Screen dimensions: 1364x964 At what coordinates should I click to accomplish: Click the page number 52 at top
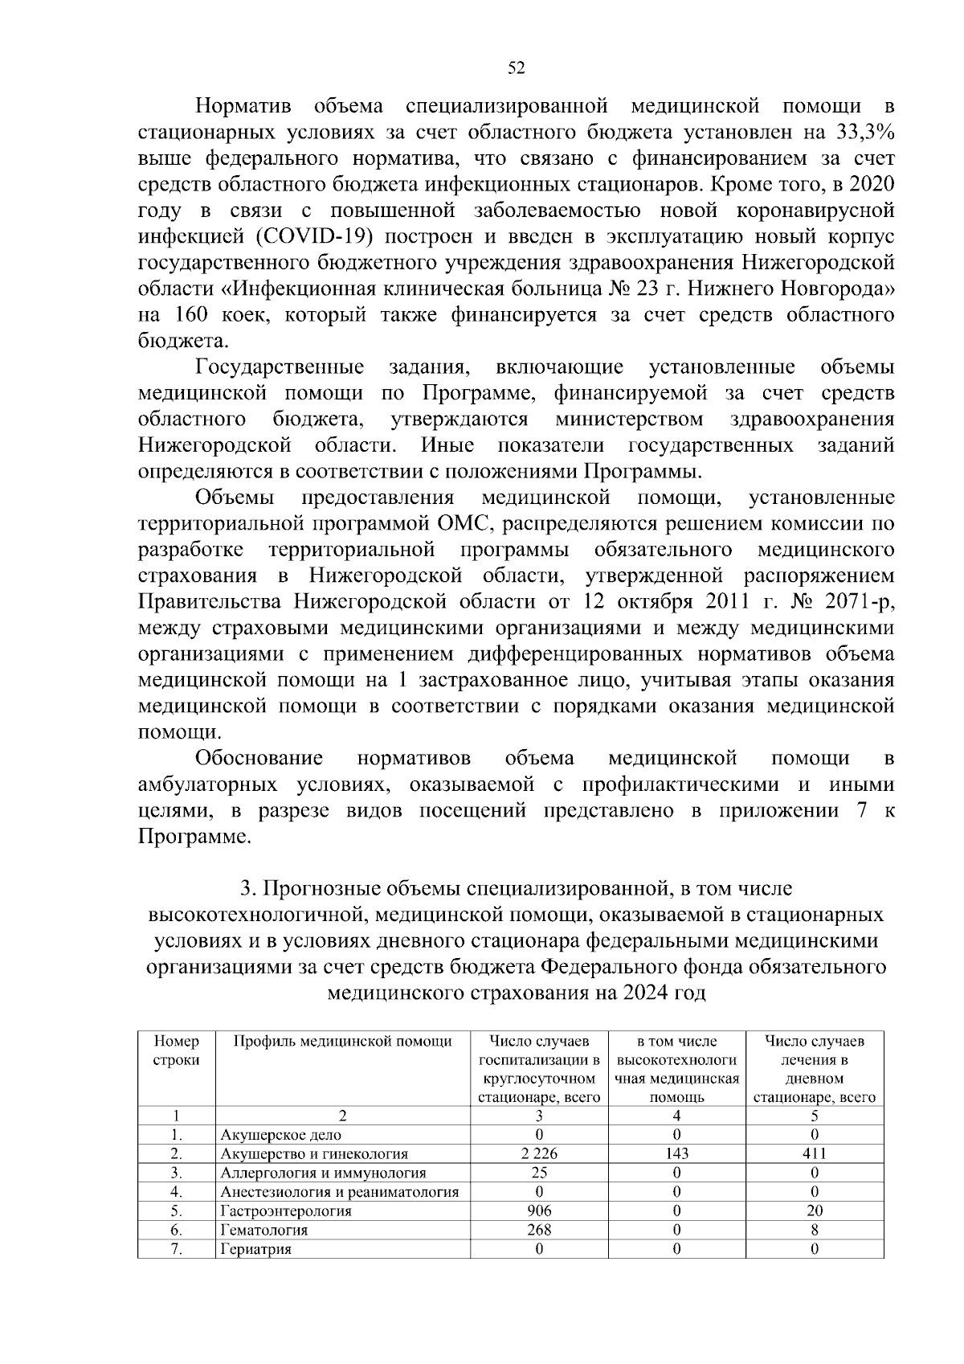[x=517, y=68]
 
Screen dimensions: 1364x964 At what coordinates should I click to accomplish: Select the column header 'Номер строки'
[x=176, y=1051]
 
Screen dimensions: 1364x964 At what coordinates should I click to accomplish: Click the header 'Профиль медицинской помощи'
[x=343, y=1042]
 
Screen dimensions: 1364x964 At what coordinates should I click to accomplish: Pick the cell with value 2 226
[x=539, y=1153]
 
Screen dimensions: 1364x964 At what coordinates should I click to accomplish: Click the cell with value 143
[x=676, y=1153]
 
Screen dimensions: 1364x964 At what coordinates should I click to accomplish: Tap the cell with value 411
[x=814, y=1153]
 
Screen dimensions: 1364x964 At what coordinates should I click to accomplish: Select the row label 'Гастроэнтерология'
[x=286, y=1210]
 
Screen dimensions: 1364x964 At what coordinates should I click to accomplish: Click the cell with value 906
[x=539, y=1210]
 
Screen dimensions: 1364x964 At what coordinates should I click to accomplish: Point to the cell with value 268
[x=539, y=1230]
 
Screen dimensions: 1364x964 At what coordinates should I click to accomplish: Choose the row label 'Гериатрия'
[x=255, y=1249]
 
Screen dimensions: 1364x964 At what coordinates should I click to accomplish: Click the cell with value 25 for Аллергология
[x=539, y=1173]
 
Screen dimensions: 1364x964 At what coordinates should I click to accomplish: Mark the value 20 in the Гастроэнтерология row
[x=814, y=1210]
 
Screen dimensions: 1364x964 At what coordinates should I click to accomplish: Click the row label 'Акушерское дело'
[x=280, y=1135]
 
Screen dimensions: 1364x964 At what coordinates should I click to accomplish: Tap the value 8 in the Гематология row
[x=814, y=1230]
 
